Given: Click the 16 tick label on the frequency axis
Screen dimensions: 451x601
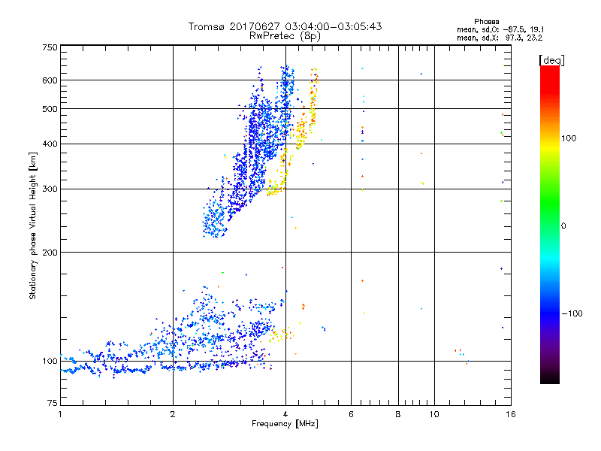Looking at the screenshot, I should coord(509,414).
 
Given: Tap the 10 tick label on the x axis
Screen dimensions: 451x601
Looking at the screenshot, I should coord(433,414).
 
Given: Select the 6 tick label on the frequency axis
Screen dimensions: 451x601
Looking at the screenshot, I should coord(351,414).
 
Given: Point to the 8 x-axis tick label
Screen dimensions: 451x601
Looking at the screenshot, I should coord(398,414).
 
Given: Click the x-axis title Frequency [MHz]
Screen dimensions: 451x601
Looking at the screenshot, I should coord(285,425).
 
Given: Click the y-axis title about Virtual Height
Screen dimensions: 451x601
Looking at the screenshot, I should coord(33,225).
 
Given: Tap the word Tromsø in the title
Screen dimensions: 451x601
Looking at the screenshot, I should coord(212,26).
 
